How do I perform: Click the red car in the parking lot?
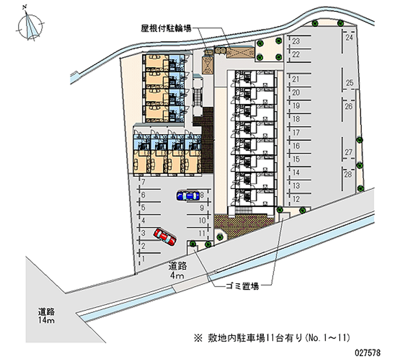pyautogui.click(x=165, y=236)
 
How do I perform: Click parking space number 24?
pyautogui.click(x=348, y=38)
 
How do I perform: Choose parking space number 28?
pyautogui.click(x=348, y=175)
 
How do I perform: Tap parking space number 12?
pyautogui.click(x=296, y=199)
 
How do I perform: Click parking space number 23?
pyautogui.click(x=296, y=41)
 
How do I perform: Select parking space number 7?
pyautogui.click(x=143, y=182)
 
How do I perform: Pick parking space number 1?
pyautogui.click(x=143, y=258)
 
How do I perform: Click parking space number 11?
pyautogui.click(x=202, y=233)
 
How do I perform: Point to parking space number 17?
pyautogui.click(x=296, y=133)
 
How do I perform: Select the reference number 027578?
pyautogui.click(x=368, y=353)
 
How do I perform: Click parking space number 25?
pyautogui.click(x=348, y=83)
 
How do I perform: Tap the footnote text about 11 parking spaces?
pyautogui.click(x=272, y=338)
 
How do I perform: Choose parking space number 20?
pyautogui.click(x=296, y=93)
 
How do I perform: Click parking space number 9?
pyautogui.click(x=202, y=208)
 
